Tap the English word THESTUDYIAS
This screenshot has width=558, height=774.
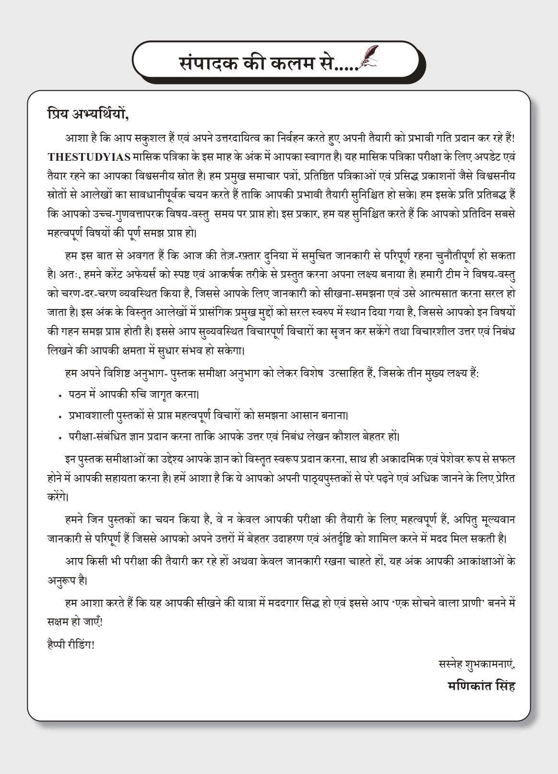pyautogui.click(x=89, y=157)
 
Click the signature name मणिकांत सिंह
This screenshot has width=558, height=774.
pyautogui.click(x=481, y=685)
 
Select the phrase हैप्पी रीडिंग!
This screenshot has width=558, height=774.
pyautogui.click(x=71, y=644)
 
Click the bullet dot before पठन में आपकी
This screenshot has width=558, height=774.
pyautogui.click(x=60, y=396)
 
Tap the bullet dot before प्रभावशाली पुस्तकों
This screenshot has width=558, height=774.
pyautogui.click(x=60, y=417)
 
